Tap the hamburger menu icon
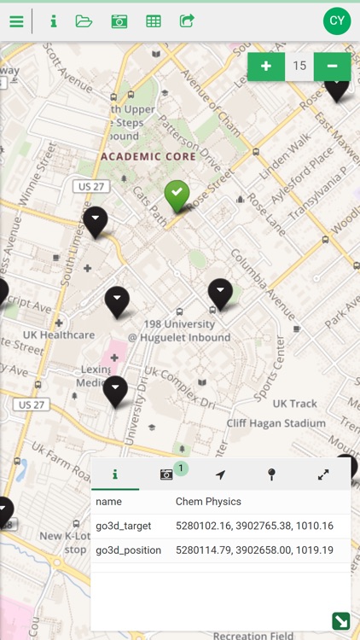click(x=16, y=21)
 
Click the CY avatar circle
click(x=337, y=21)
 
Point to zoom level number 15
click(x=299, y=66)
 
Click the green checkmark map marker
click(x=177, y=195)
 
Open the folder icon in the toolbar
click(x=84, y=21)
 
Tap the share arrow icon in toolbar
click(x=187, y=21)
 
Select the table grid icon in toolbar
click(x=154, y=21)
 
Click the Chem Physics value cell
click(x=208, y=502)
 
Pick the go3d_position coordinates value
click(x=254, y=550)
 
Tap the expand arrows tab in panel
click(x=323, y=474)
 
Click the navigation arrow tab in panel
click(x=220, y=474)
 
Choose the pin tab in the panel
click(x=271, y=474)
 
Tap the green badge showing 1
click(x=181, y=468)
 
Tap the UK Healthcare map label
click(x=59, y=335)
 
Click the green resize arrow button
click(x=340, y=621)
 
